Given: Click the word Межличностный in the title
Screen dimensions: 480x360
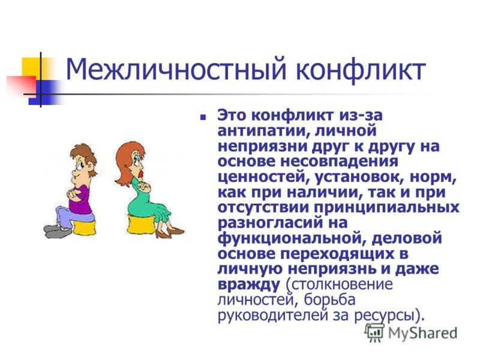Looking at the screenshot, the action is tap(176, 70).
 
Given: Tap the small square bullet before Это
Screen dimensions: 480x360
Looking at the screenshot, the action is tap(203, 117).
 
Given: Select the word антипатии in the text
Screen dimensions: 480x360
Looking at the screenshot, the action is tap(261, 131).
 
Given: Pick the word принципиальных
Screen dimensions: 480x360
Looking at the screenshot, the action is tap(386, 208).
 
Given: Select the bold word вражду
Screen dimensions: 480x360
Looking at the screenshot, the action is tap(249, 284).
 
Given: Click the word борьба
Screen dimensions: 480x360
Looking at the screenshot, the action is tap(329, 299).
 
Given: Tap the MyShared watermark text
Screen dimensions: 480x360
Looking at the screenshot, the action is tap(422, 333).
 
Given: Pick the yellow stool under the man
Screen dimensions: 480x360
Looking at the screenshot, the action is tap(84, 226).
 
